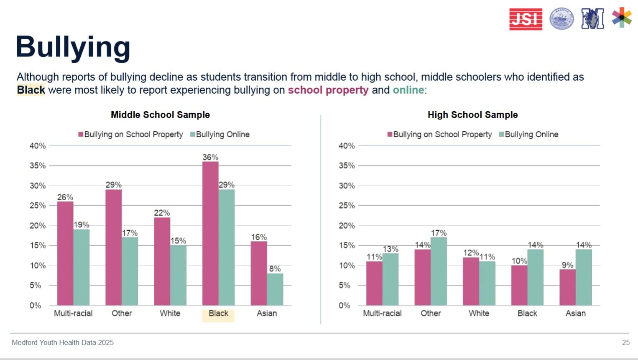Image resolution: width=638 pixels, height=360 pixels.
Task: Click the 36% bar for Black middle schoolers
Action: point(210,233)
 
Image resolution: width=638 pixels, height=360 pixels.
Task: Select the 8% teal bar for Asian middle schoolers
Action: point(275,289)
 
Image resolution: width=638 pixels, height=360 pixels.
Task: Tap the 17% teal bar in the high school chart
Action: point(439,271)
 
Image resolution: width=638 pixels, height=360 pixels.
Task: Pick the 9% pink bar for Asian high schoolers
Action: point(567,287)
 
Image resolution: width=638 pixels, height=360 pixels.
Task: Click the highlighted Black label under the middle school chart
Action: point(218,314)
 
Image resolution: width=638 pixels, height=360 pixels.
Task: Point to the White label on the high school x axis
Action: point(479,314)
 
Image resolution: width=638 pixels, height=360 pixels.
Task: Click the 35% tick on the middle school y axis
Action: point(38,166)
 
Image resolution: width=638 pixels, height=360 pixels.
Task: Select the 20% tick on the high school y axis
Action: point(347,226)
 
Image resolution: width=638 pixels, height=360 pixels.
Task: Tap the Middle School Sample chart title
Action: point(160,115)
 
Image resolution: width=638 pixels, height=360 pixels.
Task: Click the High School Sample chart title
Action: point(472,115)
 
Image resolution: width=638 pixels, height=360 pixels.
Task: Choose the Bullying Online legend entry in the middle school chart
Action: point(220,135)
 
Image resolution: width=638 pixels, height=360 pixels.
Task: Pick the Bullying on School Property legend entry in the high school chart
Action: point(439,135)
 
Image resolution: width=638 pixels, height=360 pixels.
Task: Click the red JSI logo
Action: point(526,19)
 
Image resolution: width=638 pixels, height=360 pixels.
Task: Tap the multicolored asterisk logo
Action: point(622,18)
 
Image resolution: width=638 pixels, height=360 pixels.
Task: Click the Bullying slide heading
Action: point(73,47)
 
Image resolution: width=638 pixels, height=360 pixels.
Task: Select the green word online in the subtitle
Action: point(408,90)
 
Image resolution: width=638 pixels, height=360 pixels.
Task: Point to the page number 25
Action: point(625,342)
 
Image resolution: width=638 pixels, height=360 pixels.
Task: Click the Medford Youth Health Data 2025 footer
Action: point(63,342)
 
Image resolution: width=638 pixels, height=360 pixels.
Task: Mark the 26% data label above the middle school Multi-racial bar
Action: point(65,197)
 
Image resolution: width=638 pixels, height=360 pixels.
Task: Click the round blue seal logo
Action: point(561,19)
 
